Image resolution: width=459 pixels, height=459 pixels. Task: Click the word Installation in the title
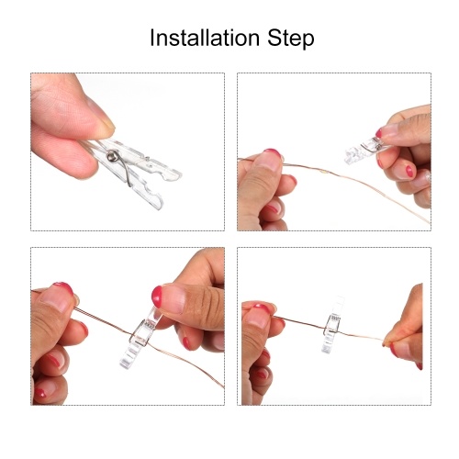205,38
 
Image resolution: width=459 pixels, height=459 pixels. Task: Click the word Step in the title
291,39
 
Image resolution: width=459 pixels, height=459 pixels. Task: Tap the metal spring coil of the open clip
112,156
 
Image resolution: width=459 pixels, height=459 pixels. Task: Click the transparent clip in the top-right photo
367,150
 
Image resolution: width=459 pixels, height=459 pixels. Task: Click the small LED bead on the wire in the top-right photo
322,173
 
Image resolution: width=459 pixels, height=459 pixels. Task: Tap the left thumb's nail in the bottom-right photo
261,309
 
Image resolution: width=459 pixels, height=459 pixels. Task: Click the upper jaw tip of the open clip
176,175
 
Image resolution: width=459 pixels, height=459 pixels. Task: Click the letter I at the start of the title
152,38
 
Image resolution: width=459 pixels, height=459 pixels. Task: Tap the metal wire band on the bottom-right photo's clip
331,324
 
